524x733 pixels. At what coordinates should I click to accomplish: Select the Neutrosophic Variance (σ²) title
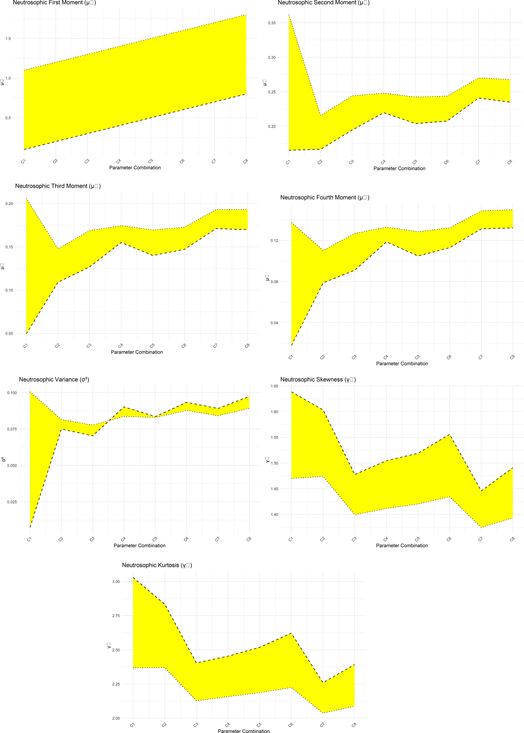pyautogui.click(x=54, y=380)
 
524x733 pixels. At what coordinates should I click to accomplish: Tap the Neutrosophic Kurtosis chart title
pyautogui.click(x=157, y=565)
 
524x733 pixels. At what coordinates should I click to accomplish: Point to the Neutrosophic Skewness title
pyautogui.click(x=318, y=380)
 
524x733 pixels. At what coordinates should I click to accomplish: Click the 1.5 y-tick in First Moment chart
pyautogui.click(x=8, y=39)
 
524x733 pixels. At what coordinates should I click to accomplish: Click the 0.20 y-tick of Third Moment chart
pyautogui.click(x=9, y=204)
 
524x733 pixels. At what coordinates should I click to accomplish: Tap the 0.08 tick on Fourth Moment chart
pyautogui.click(x=274, y=282)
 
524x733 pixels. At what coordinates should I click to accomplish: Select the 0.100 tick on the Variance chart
pyautogui.click(x=12, y=393)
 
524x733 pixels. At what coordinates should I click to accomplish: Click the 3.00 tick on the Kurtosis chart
pyautogui.click(x=116, y=582)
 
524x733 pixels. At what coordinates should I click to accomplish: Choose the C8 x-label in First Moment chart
pyautogui.click(x=246, y=161)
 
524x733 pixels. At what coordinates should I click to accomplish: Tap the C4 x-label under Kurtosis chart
pyautogui.click(x=227, y=725)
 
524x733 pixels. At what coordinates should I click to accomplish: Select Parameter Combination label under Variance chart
pyautogui.click(x=139, y=546)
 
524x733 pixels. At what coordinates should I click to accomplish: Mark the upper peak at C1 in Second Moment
pyautogui.click(x=289, y=15)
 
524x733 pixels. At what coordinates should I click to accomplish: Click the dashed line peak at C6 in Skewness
pyautogui.click(x=449, y=435)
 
